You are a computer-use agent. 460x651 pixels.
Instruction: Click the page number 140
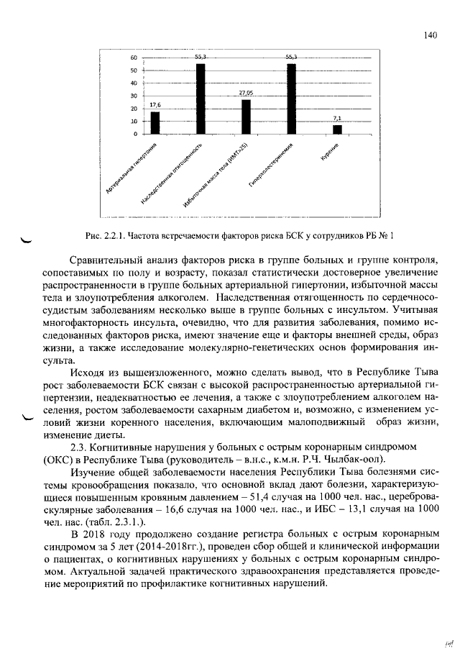[x=431, y=35]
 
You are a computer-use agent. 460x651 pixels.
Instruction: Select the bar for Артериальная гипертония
[x=155, y=123]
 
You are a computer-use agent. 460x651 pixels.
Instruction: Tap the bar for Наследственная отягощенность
[x=201, y=99]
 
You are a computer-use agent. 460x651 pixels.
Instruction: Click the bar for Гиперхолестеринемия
[x=291, y=99]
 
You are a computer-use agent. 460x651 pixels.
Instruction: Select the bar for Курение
[x=337, y=129]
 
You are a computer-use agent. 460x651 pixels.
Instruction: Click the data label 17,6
[x=155, y=106]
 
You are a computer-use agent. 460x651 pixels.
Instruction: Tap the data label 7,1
[x=337, y=119]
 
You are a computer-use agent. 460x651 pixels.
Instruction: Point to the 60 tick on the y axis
[x=134, y=58]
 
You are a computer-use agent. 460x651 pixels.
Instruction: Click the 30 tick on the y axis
[x=134, y=96]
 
